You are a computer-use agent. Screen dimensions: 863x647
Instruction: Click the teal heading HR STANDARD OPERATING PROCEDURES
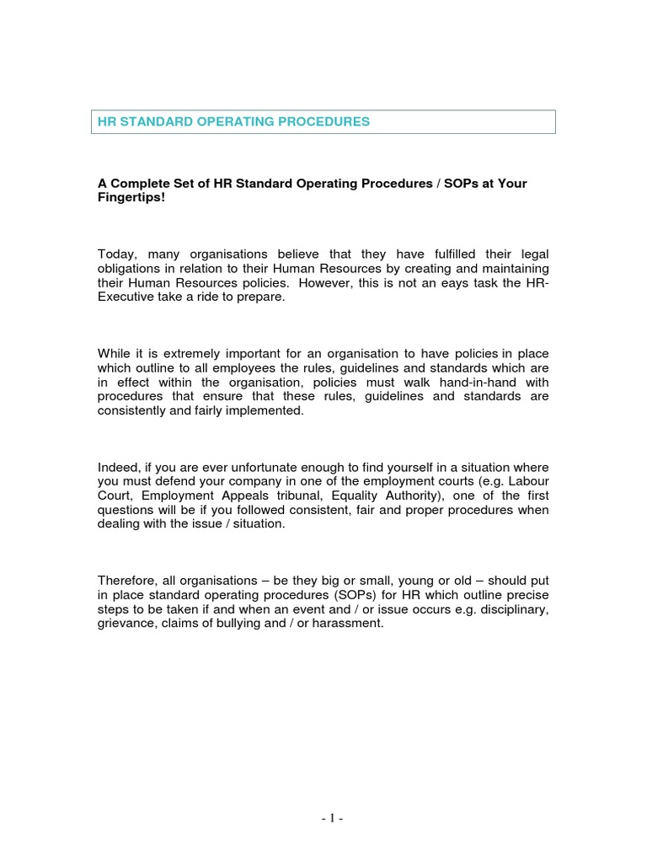[233, 122]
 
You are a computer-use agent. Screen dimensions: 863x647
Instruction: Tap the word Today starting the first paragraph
[117, 255]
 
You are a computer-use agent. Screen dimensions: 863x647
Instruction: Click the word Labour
[528, 482]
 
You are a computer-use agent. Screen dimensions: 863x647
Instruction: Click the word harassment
[345, 625]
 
